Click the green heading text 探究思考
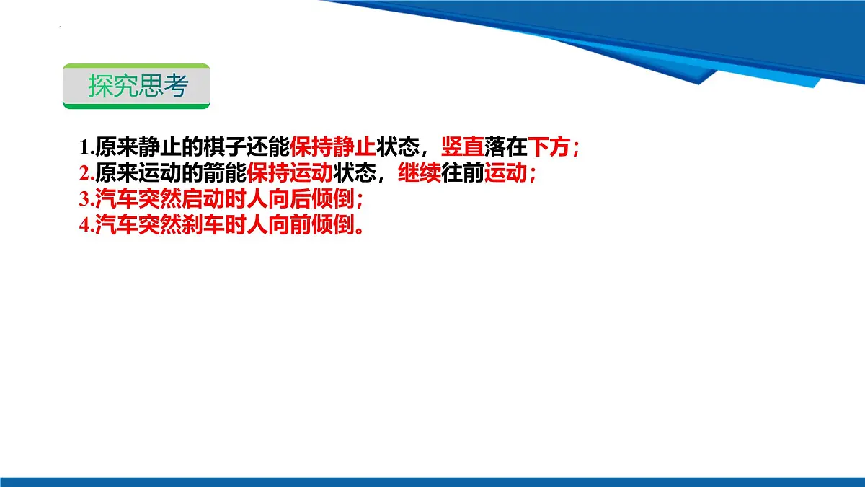point(137,86)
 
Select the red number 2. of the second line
point(86,174)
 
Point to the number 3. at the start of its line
point(86,199)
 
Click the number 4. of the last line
point(86,225)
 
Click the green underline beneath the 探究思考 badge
point(136,106)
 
